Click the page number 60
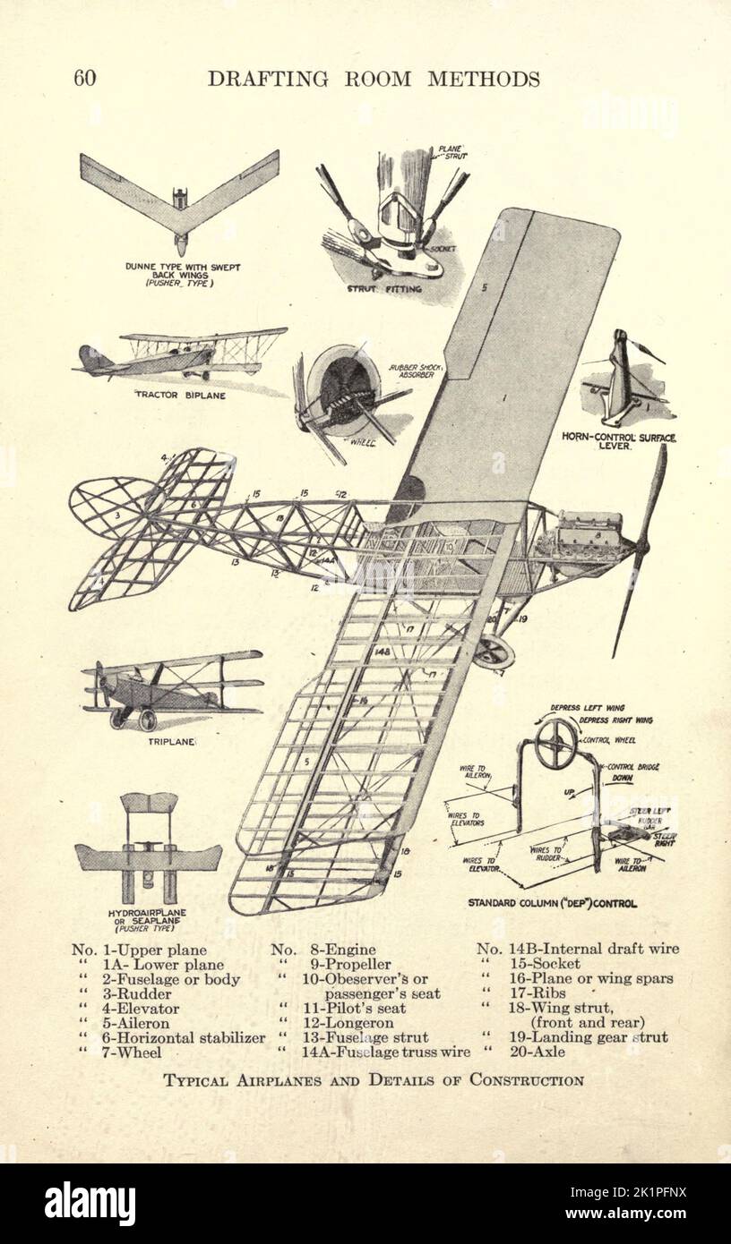coord(85,79)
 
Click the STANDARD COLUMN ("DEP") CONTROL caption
coord(553,904)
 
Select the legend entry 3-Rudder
coord(153,993)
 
